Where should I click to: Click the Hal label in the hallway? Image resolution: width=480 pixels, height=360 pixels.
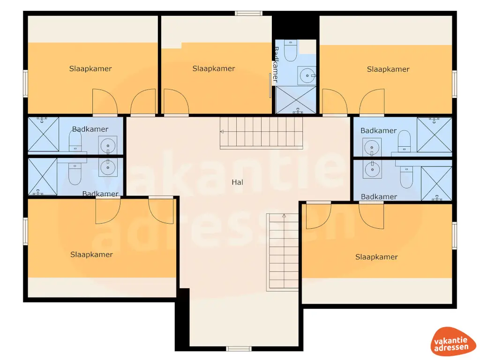point(237,182)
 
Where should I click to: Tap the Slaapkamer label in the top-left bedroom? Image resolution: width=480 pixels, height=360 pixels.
point(90,69)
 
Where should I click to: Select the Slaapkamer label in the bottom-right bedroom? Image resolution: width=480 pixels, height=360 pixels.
point(376,257)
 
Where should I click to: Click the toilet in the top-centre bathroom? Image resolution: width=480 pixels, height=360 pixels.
point(291,51)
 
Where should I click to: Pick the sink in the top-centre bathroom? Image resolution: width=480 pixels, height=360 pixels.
point(307,74)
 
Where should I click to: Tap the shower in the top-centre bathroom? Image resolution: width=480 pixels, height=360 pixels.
point(296,100)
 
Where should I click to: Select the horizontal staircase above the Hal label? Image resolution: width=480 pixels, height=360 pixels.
point(261,133)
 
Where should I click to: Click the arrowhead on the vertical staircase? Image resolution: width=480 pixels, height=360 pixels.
point(284,216)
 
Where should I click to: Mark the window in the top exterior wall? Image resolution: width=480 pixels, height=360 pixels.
point(248,13)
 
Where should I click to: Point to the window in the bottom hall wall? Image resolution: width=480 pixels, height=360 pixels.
point(239,348)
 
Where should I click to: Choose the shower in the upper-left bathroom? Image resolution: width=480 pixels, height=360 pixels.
point(43,134)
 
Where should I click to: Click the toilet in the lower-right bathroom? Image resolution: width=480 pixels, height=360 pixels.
point(405,176)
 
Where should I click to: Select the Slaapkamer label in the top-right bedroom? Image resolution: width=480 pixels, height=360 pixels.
point(388,69)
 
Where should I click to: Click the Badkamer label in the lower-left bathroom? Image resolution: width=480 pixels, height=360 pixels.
point(100,194)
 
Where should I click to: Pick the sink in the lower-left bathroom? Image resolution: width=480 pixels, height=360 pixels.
point(108,166)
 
